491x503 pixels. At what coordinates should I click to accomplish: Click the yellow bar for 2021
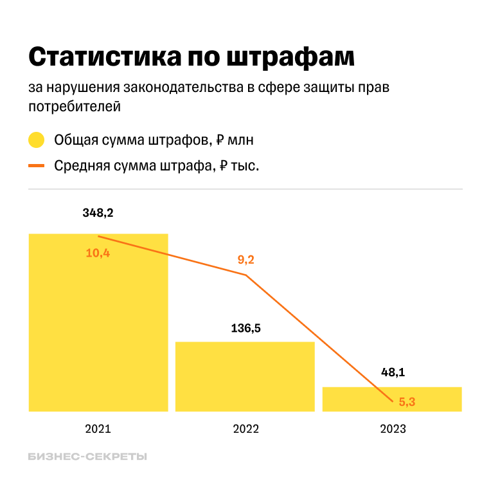[98, 322]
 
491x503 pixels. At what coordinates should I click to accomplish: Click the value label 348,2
[98, 213]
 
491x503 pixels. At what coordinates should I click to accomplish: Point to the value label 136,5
[245, 328]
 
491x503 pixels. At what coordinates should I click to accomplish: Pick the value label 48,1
[393, 372]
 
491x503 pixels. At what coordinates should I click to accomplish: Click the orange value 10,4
[98, 253]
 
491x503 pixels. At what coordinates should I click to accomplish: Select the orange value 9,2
[246, 260]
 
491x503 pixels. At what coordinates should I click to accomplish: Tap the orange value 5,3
[407, 402]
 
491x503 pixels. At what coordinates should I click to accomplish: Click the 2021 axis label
[98, 429]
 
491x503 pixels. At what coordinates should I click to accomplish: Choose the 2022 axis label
[245, 429]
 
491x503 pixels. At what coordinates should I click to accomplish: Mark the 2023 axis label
[393, 429]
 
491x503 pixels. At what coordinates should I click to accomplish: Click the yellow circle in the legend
[37, 140]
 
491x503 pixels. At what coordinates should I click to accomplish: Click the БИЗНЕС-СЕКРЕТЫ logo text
[87, 457]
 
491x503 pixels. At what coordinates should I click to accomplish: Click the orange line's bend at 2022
[245, 275]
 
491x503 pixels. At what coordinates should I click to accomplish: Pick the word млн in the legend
[245, 140]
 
